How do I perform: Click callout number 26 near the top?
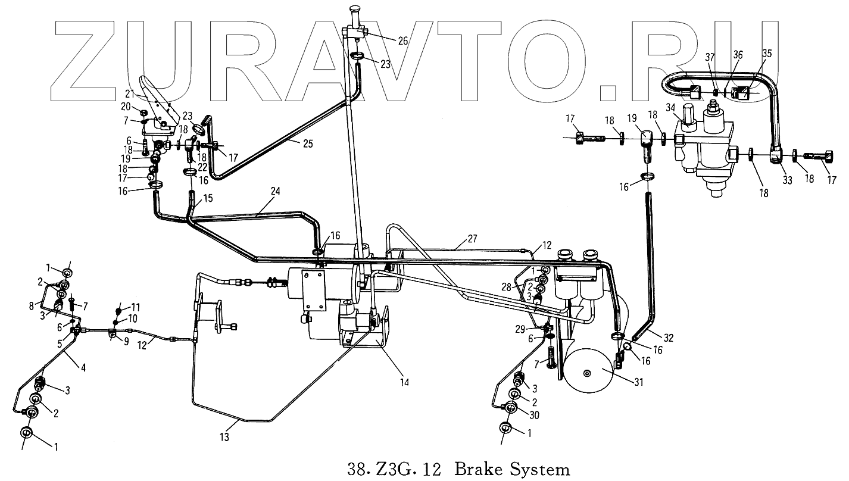coord(403,41)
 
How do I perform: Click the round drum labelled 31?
coord(588,372)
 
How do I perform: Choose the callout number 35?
coord(767,54)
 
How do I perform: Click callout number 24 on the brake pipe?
coord(274,192)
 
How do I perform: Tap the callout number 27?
coord(472,240)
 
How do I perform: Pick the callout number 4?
coord(84,367)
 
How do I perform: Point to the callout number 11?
coord(136,307)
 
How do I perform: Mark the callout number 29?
coord(519,329)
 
